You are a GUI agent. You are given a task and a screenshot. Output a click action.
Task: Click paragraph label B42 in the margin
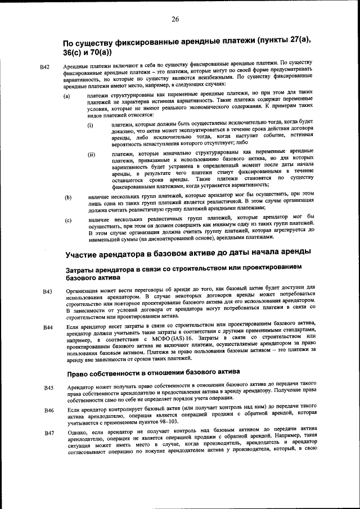(46, 67)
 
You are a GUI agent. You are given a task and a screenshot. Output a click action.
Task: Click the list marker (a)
(67, 96)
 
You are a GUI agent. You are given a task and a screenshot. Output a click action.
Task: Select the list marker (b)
(67, 197)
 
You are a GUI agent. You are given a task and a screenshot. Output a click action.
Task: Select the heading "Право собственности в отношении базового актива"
(154, 373)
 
